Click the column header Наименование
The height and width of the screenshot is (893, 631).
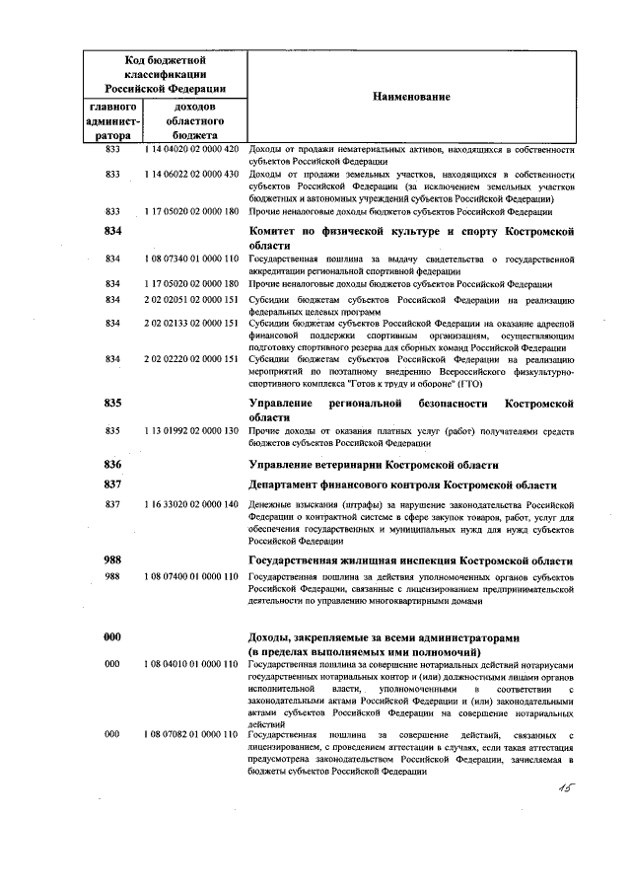click(x=411, y=97)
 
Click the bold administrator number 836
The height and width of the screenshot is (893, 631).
click(x=112, y=464)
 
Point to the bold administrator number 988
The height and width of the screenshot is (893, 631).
click(x=112, y=559)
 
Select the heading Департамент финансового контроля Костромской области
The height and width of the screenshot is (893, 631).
click(x=402, y=484)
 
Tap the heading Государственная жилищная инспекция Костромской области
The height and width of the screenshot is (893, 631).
click(x=409, y=559)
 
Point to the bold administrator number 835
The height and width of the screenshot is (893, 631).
click(x=112, y=404)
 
